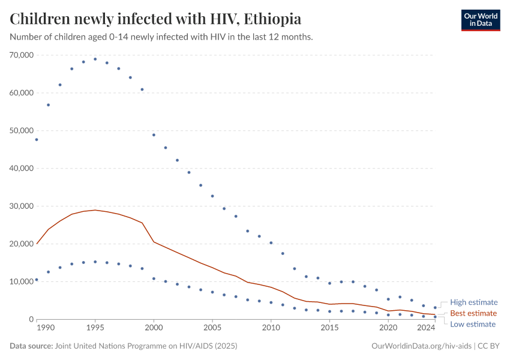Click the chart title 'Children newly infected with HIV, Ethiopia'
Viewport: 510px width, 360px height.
[x=155, y=19]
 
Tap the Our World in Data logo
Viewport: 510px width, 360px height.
[x=480, y=20]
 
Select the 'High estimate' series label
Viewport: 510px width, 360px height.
[x=474, y=302]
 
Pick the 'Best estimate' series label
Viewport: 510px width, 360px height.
[x=473, y=313]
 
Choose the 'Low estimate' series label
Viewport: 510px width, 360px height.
[x=473, y=324]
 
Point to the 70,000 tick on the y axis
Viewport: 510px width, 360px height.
[x=21, y=55]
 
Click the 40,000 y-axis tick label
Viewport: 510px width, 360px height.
[x=21, y=169]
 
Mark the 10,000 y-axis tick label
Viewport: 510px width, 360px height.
[x=21, y=281]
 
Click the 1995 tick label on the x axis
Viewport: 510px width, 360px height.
[x=95, y=328]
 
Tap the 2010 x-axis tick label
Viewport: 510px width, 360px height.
[x=271, y=328]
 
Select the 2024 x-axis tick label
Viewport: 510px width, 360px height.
[x=426, y=328]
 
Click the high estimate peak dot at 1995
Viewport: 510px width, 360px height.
[x=95, y=59]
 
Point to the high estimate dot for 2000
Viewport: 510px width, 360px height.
[x=154, y=135]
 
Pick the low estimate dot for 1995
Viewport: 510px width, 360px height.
[x=95, y=262]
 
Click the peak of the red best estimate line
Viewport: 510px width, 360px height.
[x=95, y=210]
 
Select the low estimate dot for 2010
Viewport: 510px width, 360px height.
[x=271, y=302]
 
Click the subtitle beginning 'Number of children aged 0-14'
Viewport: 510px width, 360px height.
[x=161, y=37]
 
